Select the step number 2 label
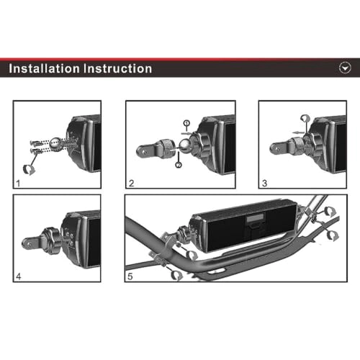click(131, 183)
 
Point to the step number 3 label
click(264, 183)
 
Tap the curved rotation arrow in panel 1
click(30, 169)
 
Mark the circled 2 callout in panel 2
click(179, 166)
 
